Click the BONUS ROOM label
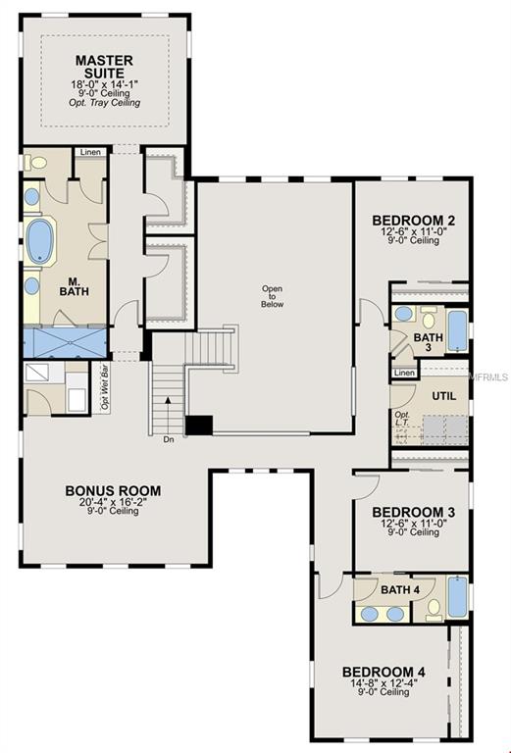[x=113, y=491]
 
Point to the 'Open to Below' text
[x=271, y=296]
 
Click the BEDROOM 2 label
[x=412, y=221]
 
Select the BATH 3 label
[x=428, y=342]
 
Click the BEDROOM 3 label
[x=412, y=512]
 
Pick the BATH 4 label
[x=399, y=589]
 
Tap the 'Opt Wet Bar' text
[x=104, y=386]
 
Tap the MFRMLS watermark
[x=488, y=376]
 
